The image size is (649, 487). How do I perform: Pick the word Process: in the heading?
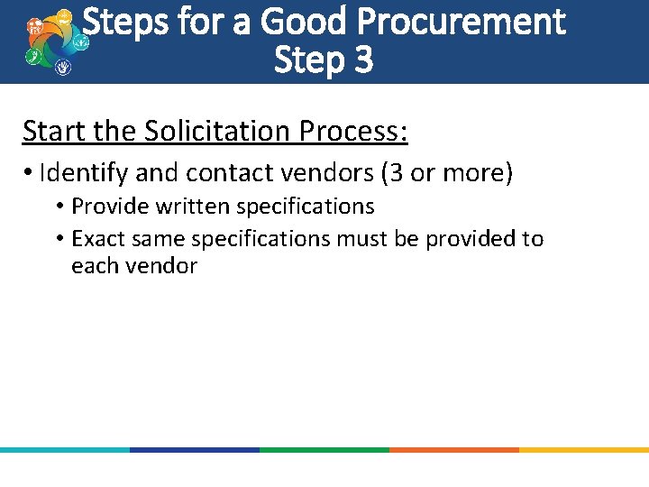352,132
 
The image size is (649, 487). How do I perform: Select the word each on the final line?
92,266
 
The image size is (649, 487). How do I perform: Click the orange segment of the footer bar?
453,449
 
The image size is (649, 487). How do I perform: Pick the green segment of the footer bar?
324,449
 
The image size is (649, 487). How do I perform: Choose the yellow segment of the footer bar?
583,449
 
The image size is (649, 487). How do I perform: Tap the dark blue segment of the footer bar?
194,449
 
